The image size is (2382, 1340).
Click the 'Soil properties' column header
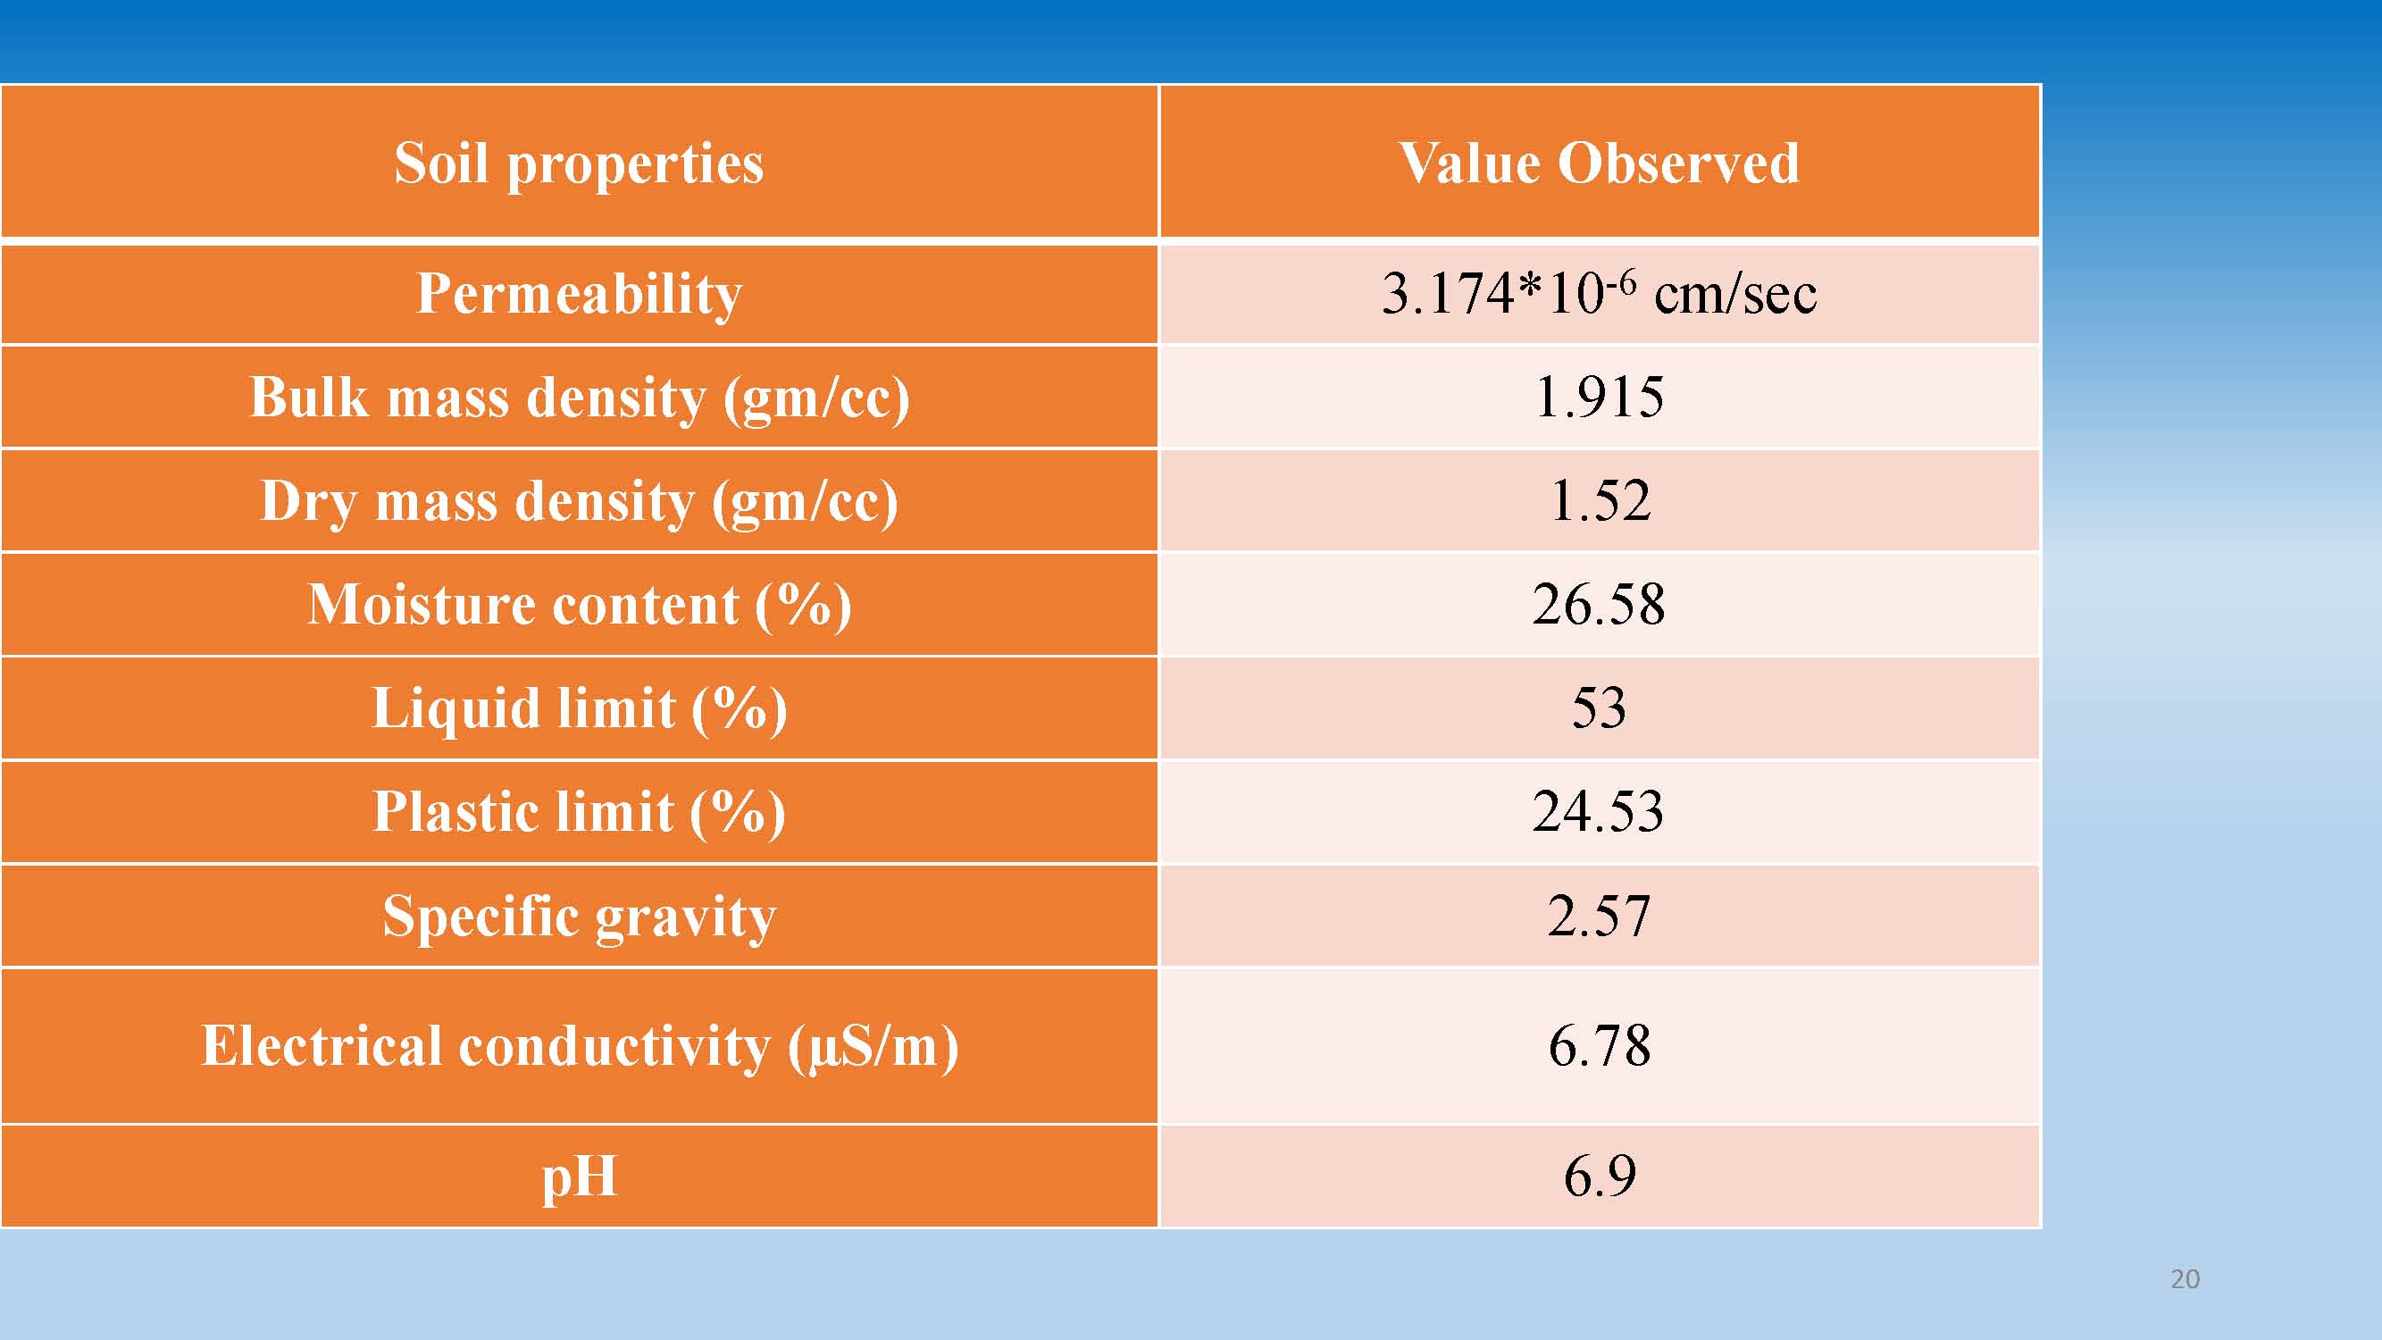(579, 163)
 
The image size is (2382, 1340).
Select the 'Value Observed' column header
(1599, 163)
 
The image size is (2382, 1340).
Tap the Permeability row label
(579, 294)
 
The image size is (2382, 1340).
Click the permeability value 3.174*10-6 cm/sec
(1599, 294)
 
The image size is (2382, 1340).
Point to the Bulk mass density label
(579, 398)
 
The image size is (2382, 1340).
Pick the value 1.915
(1599, 398)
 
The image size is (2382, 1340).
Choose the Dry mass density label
(579, 501)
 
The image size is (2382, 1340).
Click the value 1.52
(1599, 501)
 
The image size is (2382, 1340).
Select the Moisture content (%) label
(579, 605)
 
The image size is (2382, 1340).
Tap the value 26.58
(1599, 605)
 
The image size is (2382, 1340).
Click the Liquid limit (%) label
(579, 708)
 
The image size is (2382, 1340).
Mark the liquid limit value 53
(1599, 708)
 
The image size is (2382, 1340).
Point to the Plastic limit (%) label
(579, 812)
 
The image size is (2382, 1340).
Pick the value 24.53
(1599, 812)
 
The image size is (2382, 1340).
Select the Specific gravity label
(579, 917)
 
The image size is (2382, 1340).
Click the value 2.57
(1599, 917)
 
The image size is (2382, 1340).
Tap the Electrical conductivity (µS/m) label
(579, 1046)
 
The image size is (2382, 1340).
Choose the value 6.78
(1599, 1046)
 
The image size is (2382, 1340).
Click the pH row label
(579, 1177)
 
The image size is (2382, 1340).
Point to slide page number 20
(2185, 1279)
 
